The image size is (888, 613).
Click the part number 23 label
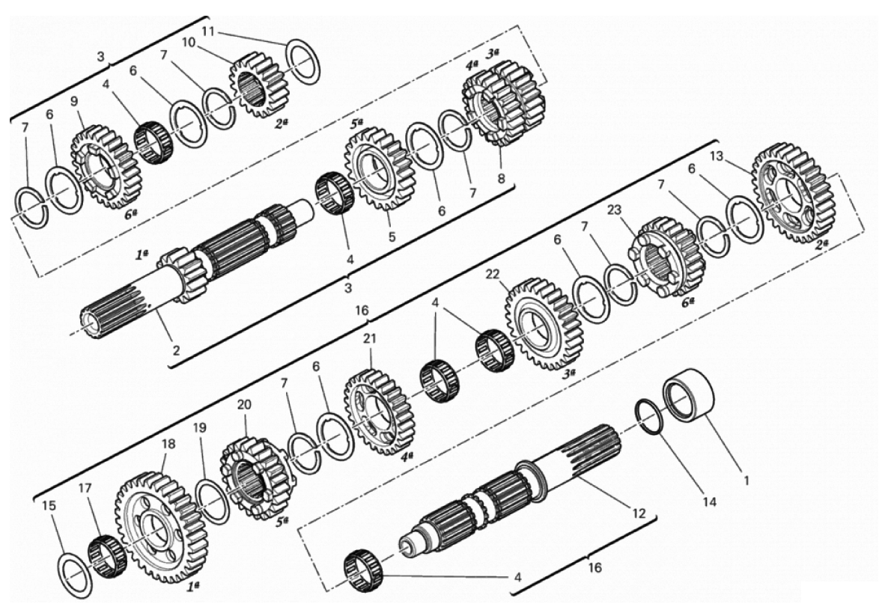point(615,210)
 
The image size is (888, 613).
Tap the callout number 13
point(717,156)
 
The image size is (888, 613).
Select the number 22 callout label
point(493,274)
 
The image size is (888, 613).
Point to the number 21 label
point(370,338)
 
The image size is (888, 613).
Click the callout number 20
point(244,405)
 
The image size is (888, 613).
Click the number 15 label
point(49,505)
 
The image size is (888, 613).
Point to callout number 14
point(710,502)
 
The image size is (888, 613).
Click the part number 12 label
point(639,514)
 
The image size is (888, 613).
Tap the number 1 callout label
point(746,481)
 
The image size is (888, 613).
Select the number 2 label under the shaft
point(176,350)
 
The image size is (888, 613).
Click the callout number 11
point(208,31)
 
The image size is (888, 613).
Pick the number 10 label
point(189,43)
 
